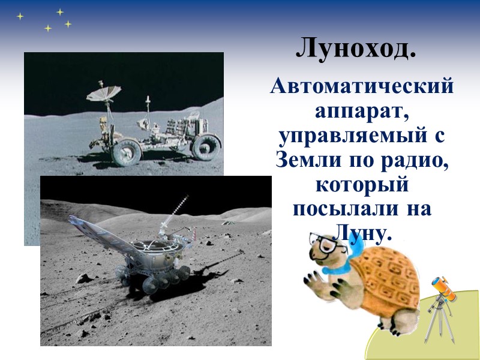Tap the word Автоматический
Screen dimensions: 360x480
pos(362,88)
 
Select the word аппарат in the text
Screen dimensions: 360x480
pos(362,112)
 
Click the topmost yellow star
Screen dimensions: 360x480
pos(59,11)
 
